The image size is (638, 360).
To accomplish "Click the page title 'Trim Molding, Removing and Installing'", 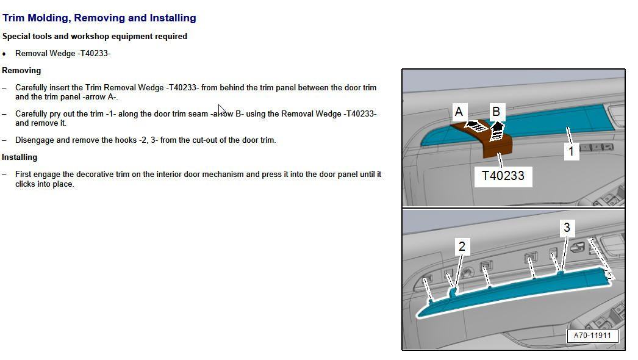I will (x=99, y=18).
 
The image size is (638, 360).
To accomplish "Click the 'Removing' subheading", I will (x=21, y=70).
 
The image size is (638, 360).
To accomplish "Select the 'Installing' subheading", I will (x=20, y=157).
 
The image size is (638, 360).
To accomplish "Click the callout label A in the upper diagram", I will (x=459, y=112).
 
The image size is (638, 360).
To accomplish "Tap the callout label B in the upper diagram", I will (x=496, y=112).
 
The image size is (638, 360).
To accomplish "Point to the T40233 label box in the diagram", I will (x=503, y=176).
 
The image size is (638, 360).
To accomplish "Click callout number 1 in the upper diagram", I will (x=571, y=151).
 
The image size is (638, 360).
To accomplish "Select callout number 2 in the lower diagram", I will (x=462, y=247).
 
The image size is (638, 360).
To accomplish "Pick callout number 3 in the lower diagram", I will (x=567, y=228).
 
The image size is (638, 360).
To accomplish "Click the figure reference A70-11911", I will (x=592, y=336).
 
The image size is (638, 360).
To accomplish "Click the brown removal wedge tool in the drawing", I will (x=497, y=145).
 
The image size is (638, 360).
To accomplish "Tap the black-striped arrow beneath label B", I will (x=498, y=129).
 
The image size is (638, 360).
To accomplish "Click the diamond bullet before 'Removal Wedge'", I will (x=4, y=54).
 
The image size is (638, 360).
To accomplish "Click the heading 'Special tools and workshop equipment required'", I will (x=95, y=36).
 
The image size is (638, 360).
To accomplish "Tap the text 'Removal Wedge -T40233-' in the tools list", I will (x=63, y=53).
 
